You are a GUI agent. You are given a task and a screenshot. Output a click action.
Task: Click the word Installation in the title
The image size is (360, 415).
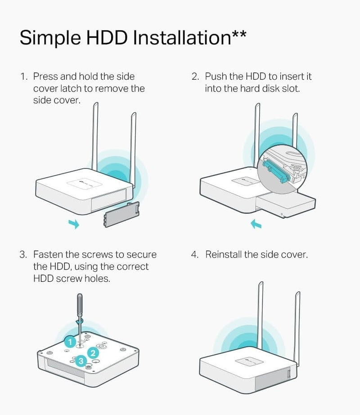(182, 37)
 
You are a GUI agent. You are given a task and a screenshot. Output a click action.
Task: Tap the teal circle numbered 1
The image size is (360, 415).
(70, 342)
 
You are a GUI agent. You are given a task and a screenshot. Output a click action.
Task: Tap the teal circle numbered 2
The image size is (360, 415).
(93, 353)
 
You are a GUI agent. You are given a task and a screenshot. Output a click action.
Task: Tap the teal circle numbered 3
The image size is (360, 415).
(81, 361)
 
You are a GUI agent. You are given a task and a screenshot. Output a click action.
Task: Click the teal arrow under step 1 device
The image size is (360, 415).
(74, 224)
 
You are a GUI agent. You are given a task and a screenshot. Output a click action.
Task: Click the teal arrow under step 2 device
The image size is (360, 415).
(256, 224)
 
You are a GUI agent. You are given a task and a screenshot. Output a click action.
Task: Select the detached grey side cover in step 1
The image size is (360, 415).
(121, 214)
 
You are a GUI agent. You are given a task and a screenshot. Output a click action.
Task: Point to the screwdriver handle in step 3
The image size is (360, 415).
(79, 304)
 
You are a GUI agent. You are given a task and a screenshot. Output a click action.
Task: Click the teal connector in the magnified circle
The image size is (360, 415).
(275, 171)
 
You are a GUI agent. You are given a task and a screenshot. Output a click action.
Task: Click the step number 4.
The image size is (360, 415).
(194, 255)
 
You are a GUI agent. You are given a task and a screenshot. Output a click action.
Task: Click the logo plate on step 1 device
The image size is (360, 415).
(85, 182)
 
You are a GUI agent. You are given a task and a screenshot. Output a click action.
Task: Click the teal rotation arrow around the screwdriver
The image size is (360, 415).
(79, 321)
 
